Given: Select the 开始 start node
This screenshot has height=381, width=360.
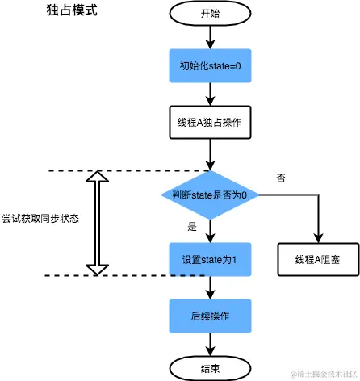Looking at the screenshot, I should pyautogui.click(x=210, y=14).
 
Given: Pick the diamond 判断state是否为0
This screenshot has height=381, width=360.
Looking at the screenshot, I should pyautogui.click(x=210, y=195).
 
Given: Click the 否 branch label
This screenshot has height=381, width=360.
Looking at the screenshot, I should pyautogui.click(x=281, y=178).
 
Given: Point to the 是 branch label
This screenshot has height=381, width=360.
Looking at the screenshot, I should pyautogui.click(x=192, y=227).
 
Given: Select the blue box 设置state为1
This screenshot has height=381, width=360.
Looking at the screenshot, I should pyautogui.click(x=210, y=260).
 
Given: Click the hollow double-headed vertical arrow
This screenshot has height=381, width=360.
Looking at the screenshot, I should pyautogui.click(x=96, y=222).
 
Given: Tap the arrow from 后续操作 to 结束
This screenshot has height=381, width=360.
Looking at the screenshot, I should pyautogui.click(x=210, y=341).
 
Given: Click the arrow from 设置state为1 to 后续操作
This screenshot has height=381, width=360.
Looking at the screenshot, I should pyautogui.click(x=210, y=287).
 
